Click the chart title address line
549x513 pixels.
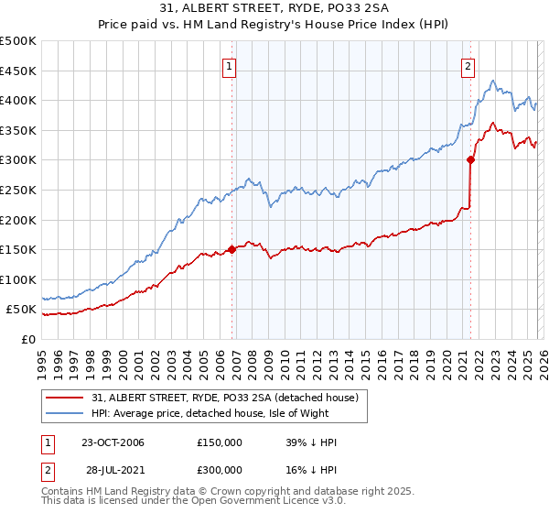pyautogui.click(x=274, y=9)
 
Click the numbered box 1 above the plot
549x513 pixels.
pyautogui.click(x=228, y=65)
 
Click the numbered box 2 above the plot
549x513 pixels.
pyautogui.click(x=468, y=65)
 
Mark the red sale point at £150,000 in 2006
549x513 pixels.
pyautogui.click(x=232, y=248)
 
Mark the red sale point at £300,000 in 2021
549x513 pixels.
pyautogui.click(x=471, y=159)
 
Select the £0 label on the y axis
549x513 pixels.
pyautogui.click(x=27, y=339)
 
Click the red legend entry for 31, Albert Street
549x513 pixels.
pyautogui.click(x=229, y=397)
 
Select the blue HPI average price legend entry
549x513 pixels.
pyautogui.click(x=229, y=413)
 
